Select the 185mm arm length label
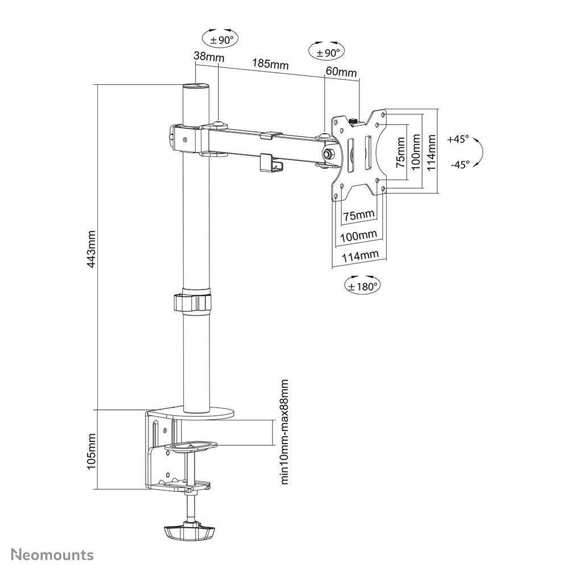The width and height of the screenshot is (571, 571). point(271,64)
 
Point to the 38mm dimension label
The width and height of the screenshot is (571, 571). point(208,57)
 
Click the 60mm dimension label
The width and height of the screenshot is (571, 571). point(341,72)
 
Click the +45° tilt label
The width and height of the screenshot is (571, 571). point(458,139)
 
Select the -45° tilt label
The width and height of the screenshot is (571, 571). point(458,164)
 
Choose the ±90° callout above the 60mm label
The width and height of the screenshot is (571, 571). point(326,52)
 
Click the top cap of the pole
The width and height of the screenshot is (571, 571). point(195,86)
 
